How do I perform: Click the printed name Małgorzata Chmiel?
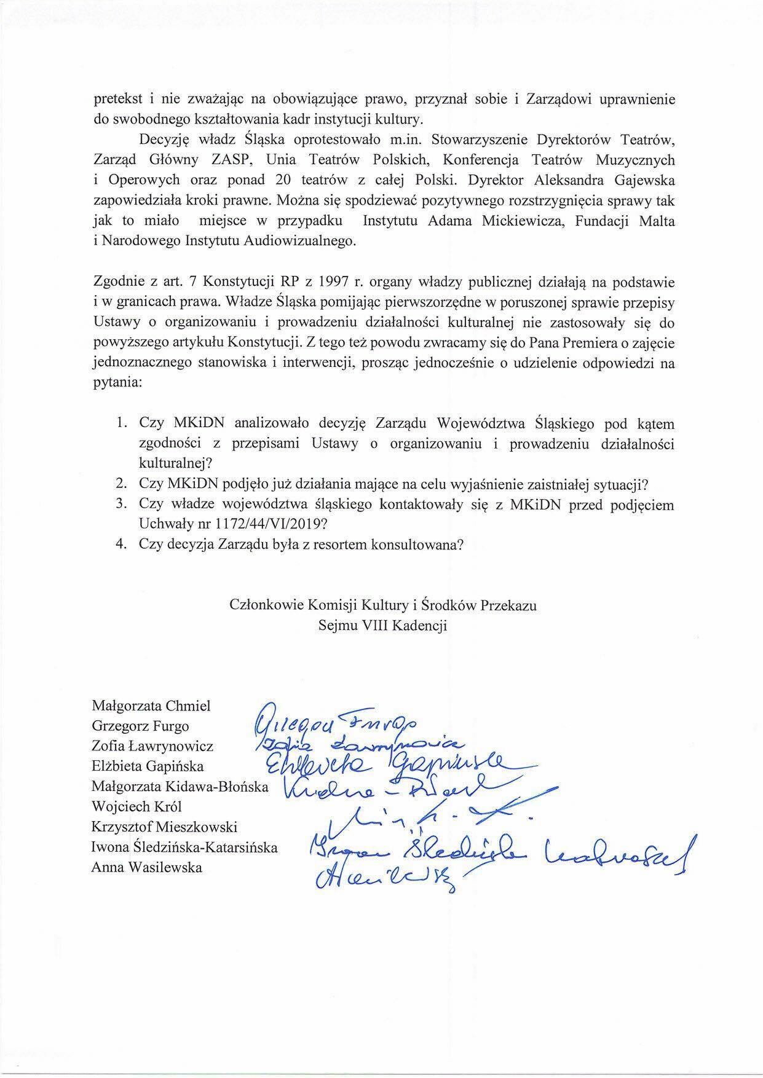(x=151, y=706)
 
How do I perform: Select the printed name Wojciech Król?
(x=136, y=807)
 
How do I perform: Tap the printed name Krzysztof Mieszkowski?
(x=164, y=827)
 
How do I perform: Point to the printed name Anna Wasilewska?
(x=146, y=867)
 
